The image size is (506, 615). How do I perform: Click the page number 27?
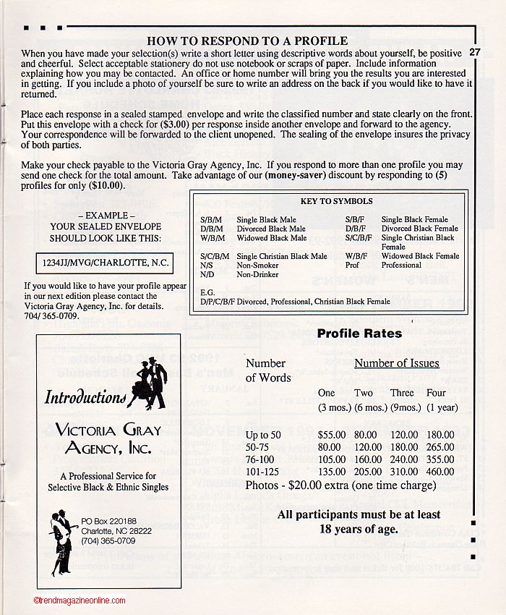coord(475,52)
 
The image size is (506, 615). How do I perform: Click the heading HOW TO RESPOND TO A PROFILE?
coord(247,41)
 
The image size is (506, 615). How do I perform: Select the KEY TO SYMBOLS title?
coord(336,201)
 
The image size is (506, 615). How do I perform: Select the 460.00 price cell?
coord(441,472)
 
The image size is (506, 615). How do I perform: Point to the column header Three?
coord(402,393)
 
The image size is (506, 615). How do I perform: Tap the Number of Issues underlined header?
coord(397,363)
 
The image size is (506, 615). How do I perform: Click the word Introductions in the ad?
coord(85,397)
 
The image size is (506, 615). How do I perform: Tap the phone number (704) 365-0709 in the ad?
coord(108,540)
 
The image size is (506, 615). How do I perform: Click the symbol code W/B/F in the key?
coord(356,256)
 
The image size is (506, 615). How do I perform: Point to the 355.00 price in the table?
coord(441,459)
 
